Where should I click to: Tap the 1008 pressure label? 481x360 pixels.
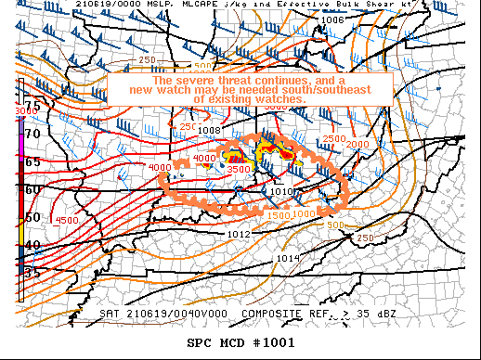pyautogui.click(x=209, y=131)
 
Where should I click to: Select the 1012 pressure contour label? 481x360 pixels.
pyautogui.click(x=239, y=234)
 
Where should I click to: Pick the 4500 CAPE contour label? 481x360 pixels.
pyautogui.click(x=66, y=220)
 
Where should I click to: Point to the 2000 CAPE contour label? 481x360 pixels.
pyautogui.click(x=357, y=145)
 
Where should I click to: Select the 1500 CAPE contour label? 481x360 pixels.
pyautogui.click(x=278, y=215)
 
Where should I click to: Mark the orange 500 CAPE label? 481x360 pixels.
pyautogui.click(x=335, y=224)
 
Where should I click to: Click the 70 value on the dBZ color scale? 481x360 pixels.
pyautogui.click(x=32, y=134)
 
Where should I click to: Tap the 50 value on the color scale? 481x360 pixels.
pyautogui.click(x=32, y=217)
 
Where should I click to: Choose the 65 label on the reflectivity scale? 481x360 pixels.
pyautogui.click(x=32, y=161)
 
